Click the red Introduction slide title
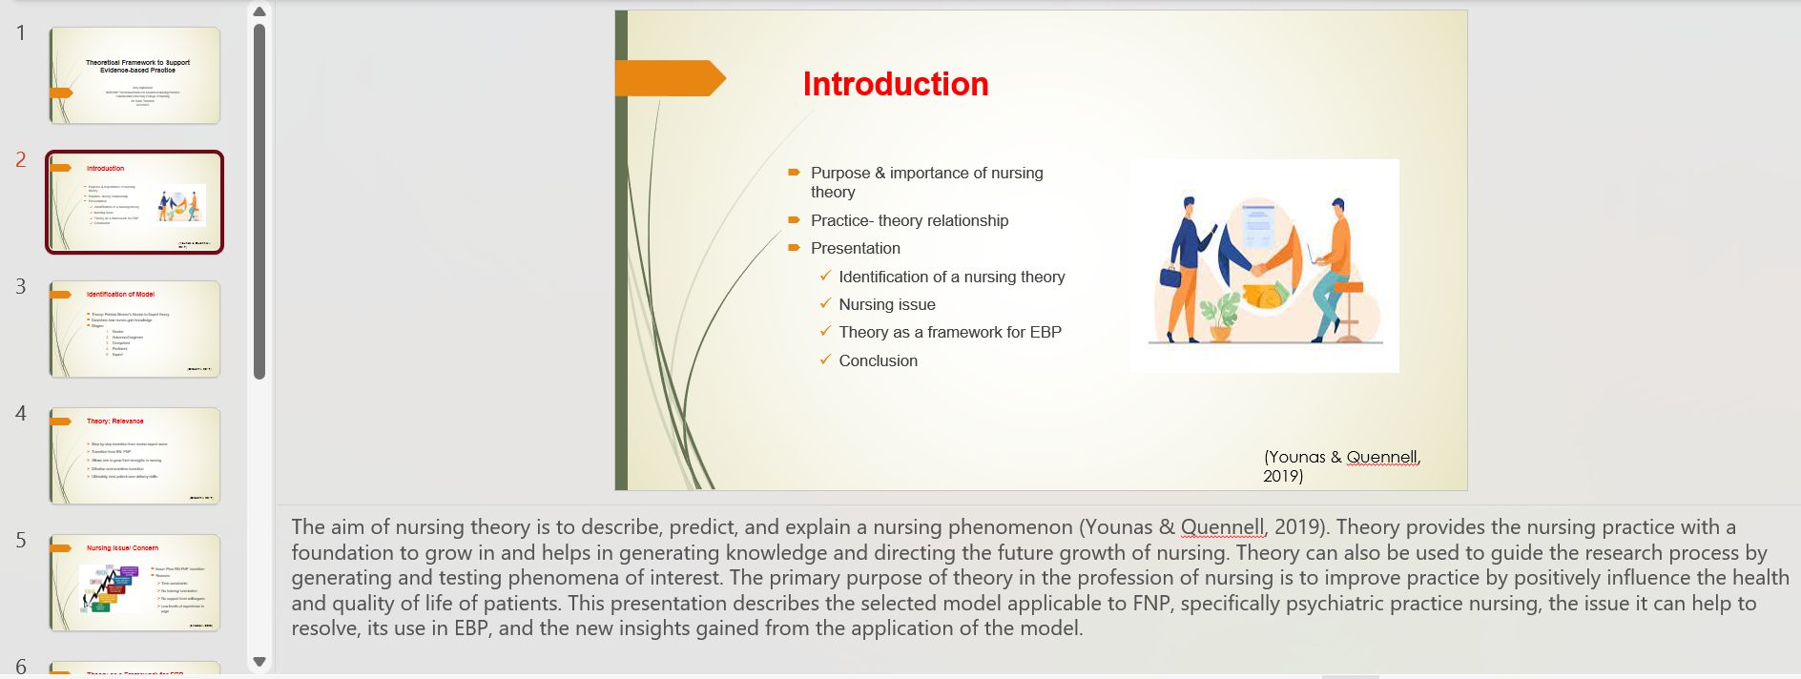click(x=895, y=84)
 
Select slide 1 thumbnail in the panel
click(x=135, y=75)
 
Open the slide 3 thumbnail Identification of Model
click(x=135, y=329)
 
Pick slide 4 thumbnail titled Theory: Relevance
click(x=135, y=456)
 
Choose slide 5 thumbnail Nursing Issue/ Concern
click(x=135, y=583)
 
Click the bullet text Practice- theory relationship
click(x=908, y=220)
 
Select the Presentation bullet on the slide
click(x=855, y=248)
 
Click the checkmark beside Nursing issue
click(x=825, y=304)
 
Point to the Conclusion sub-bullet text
click(x=878, y=360)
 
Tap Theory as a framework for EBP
click(x=949, y=332)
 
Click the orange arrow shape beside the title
click(x=668, y=78)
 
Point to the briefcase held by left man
click(x=1170, y=278)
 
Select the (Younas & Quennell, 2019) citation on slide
click(x=1340, y=465)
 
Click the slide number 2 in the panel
click(x=21, y=160)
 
